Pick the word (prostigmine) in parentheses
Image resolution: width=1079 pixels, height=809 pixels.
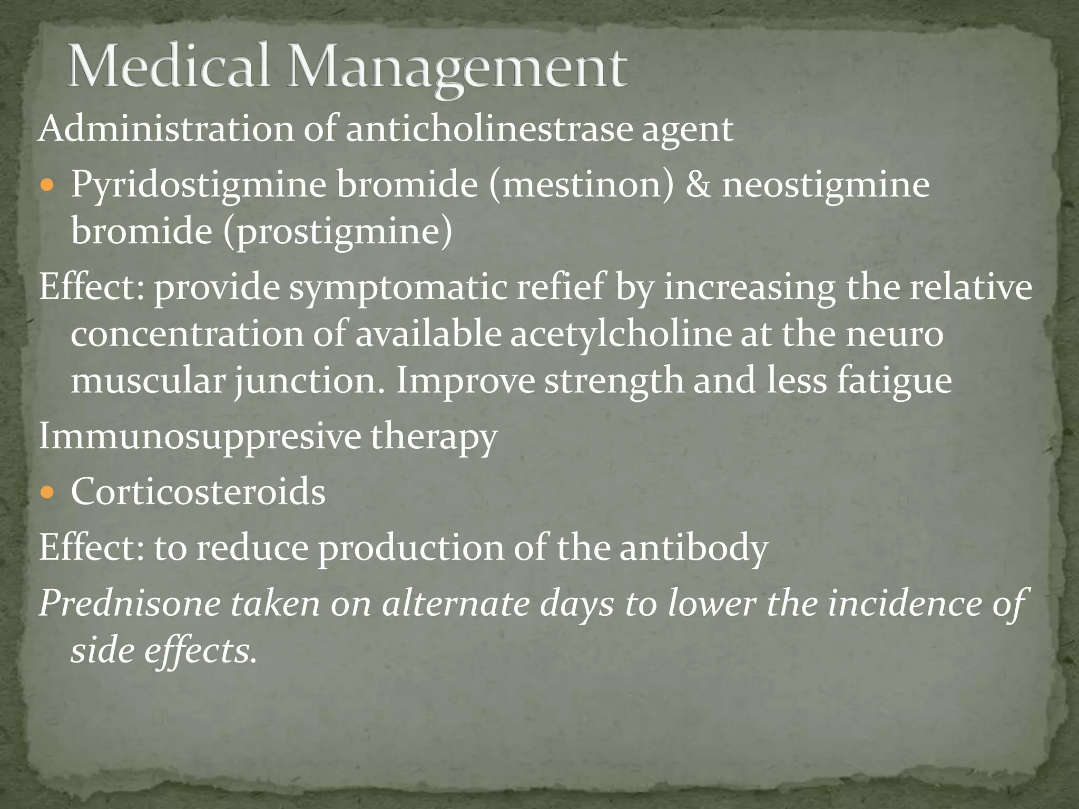click(338, 232)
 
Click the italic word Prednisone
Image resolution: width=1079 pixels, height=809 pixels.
click(130, 604)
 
